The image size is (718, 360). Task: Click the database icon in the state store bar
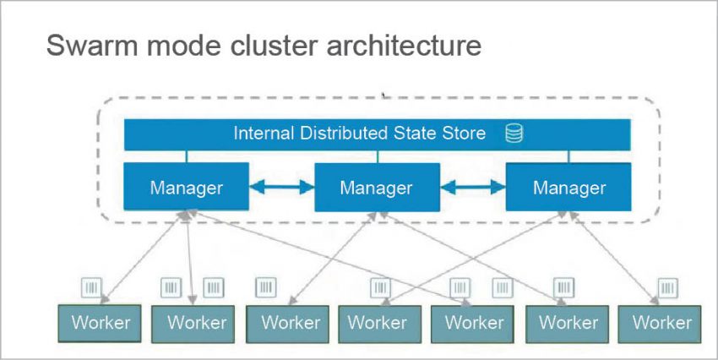[514, 134]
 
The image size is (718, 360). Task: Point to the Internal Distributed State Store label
[360, 134]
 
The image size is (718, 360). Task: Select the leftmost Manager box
[186, 187]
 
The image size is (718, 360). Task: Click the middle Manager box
[377, 187]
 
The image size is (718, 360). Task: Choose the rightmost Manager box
[568, 187]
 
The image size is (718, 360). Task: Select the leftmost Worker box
[101, 322]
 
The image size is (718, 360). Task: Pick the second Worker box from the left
[196, 322]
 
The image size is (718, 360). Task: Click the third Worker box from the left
[290, 322]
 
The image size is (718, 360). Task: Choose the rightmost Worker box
[662, 322]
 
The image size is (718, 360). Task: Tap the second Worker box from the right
[568, 322]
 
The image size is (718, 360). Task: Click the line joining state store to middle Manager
[378, 157]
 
